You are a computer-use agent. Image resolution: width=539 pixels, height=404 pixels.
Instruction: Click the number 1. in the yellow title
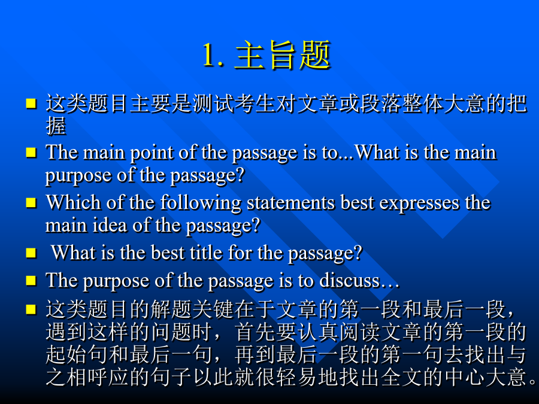click(x=213, y=55)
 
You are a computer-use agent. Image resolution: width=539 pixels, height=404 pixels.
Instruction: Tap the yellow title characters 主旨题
click(x=283, y=55)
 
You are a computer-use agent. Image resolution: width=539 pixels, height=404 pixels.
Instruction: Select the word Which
click(x=73, y=202)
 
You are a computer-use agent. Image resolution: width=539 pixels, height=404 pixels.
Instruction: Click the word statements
click(x=291, y=203)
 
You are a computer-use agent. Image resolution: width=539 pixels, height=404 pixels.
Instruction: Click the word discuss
click(x=350, y=280)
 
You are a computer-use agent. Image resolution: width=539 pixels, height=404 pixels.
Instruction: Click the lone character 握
click(x=56, y=126)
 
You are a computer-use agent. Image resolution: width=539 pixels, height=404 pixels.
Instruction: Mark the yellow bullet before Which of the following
click(x=31, y=202)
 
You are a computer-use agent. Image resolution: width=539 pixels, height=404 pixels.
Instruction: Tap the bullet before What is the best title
click(x=31, y=253)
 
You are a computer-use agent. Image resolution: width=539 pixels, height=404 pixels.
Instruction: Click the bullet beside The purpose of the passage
click(x=31, y=280)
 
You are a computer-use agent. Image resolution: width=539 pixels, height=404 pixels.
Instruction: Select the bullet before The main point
click(x=31, y=152)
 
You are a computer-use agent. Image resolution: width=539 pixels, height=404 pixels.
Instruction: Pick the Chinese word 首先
click(x=255, y=332)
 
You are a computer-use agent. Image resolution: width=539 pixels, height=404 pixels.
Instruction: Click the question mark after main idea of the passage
click(x=255, y=226)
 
